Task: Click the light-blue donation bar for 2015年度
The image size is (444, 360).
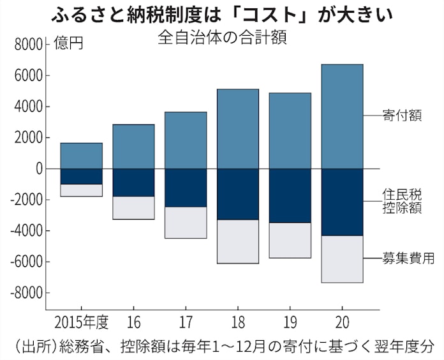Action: [81, 156]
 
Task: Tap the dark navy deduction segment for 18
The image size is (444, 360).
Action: [238, 194]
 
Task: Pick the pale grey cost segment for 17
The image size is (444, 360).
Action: [186, 222]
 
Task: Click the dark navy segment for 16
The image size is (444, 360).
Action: [133, 183]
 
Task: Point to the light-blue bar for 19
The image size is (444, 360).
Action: [290, 131]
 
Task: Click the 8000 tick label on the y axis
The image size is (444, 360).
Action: [28, 45]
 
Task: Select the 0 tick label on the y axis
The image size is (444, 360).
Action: [38, 169]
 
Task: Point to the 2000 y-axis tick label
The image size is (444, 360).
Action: [28, 138]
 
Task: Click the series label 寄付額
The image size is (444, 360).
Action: [402, 116]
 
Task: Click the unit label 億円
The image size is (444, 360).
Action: [68, 45]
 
